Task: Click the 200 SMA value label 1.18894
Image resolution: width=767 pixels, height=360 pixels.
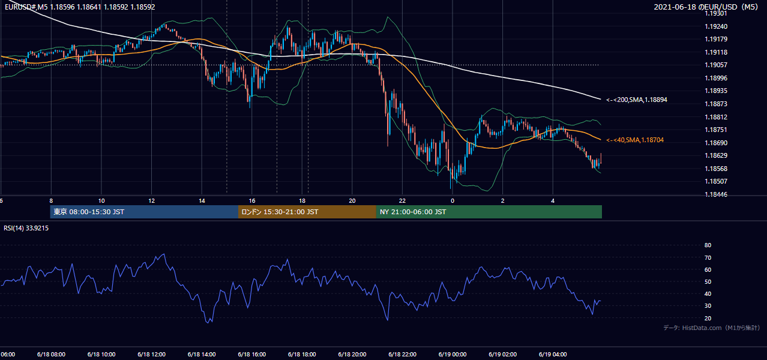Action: [x=637, y=100]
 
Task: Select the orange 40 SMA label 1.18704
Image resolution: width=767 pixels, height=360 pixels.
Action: [x=635, y=140]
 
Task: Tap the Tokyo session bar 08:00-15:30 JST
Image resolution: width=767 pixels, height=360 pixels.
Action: [x=144, y=212]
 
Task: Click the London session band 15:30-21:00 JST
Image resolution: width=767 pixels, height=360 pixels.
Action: [x=307, y=212]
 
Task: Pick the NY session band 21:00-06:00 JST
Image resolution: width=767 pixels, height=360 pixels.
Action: [x=489, y=212]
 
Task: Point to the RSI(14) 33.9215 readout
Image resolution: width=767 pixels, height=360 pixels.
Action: [x=26, y=228]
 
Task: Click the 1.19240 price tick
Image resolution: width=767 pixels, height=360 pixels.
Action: [x=716, y=26]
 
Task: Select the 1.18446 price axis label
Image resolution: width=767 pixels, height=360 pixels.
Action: [x=716, y=195]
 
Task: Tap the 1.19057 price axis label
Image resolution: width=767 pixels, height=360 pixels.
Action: [x=716, y=65]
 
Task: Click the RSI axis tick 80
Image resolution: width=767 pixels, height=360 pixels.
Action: [x=708, y=245]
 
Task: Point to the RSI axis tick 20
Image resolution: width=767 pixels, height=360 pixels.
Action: [x=708, y=318]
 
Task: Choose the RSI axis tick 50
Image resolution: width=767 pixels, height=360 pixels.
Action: [x=708, y=282]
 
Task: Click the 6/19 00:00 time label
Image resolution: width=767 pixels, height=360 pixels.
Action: [x=453, y=355]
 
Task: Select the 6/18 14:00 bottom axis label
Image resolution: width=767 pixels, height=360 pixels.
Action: [x=202, y=355]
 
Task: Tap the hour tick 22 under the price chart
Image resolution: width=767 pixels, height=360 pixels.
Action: [x=402, y=201]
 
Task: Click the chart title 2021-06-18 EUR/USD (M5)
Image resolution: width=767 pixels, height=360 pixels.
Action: [x=706, y=7]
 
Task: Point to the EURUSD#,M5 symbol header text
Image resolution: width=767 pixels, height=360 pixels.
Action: [x=26, y=7]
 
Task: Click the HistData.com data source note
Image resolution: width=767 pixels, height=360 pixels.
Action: [x=712, y=328]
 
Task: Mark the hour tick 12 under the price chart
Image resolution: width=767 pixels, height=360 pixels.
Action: [x=152, y=201]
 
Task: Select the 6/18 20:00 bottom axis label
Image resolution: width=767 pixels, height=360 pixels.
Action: [x=352, y=355]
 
